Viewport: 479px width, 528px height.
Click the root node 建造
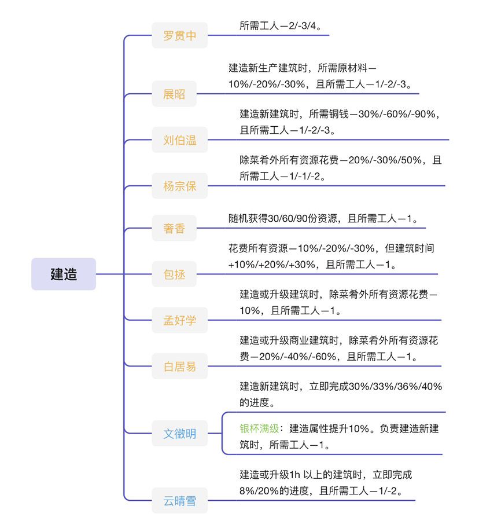tap(64, 274)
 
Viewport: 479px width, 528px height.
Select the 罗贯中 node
tap(179, 35)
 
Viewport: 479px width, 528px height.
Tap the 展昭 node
tap(174, 94)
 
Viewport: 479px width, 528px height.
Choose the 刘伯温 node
tap(179, 140)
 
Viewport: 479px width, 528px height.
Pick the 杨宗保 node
tap(179, 186)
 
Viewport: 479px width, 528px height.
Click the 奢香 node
tap(174, 228)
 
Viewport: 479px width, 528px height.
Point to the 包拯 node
tap(174, 274)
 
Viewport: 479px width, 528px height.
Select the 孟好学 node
tap(179, 320)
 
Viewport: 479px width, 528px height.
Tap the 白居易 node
tap(179, 366)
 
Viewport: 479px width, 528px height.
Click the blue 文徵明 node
tap(179, 434)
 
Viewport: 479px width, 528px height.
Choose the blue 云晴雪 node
tap(179, 501)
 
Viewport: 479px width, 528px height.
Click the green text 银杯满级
tap(259, 428)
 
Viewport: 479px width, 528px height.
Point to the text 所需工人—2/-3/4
tap(278, 25)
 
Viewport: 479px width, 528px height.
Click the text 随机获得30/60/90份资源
tap(282, 218)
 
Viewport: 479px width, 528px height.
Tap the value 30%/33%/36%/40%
tap(395, 386)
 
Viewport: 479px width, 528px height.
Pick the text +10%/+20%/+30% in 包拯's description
tap(272, 265)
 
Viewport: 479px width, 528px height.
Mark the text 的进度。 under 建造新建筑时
tap(257, 402)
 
